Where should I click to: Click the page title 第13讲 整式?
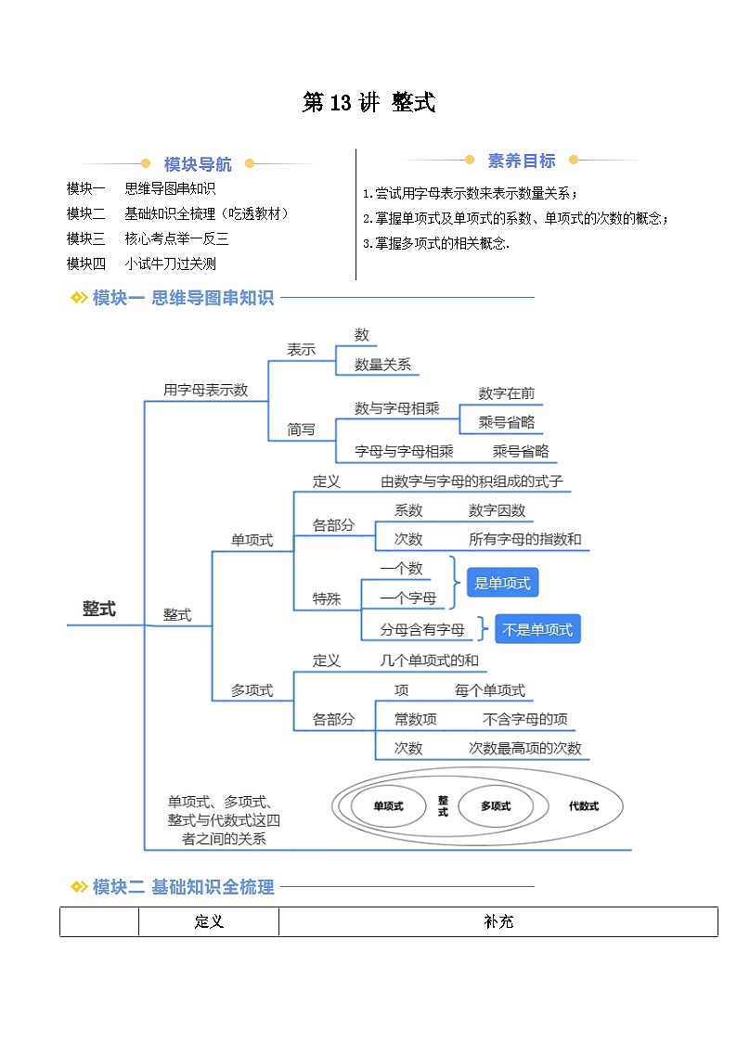click(x=368, y=103)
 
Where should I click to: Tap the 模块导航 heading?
click(x=198, y=164)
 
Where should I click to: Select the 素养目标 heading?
click(x=522, y=161)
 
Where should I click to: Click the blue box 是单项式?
click(x=502, y=584)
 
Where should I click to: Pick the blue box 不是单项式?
click(x=537, y=630)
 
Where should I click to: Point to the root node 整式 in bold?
click(x=98, y=609)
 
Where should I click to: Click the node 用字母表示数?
click(x=205, y=390)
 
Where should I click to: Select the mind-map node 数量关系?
click(x=382, y=365)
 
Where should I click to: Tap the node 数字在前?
click(x=507, y=393)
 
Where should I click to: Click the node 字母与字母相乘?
click(x=404, y=452)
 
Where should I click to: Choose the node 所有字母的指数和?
click(x=525, y=539)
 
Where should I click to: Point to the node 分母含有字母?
click(x=422, y=630)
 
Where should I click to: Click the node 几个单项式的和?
click(x=430, y=661)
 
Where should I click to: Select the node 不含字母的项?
click(x=525, y=719)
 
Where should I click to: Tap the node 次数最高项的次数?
click(x=525, y=749)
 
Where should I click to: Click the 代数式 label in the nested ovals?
click(x=584, y=806)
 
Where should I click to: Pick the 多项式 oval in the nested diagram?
click(x=496, y=806)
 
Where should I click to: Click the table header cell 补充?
click(x=498, y=922)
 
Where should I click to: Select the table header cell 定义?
click(x=209, y=922)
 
